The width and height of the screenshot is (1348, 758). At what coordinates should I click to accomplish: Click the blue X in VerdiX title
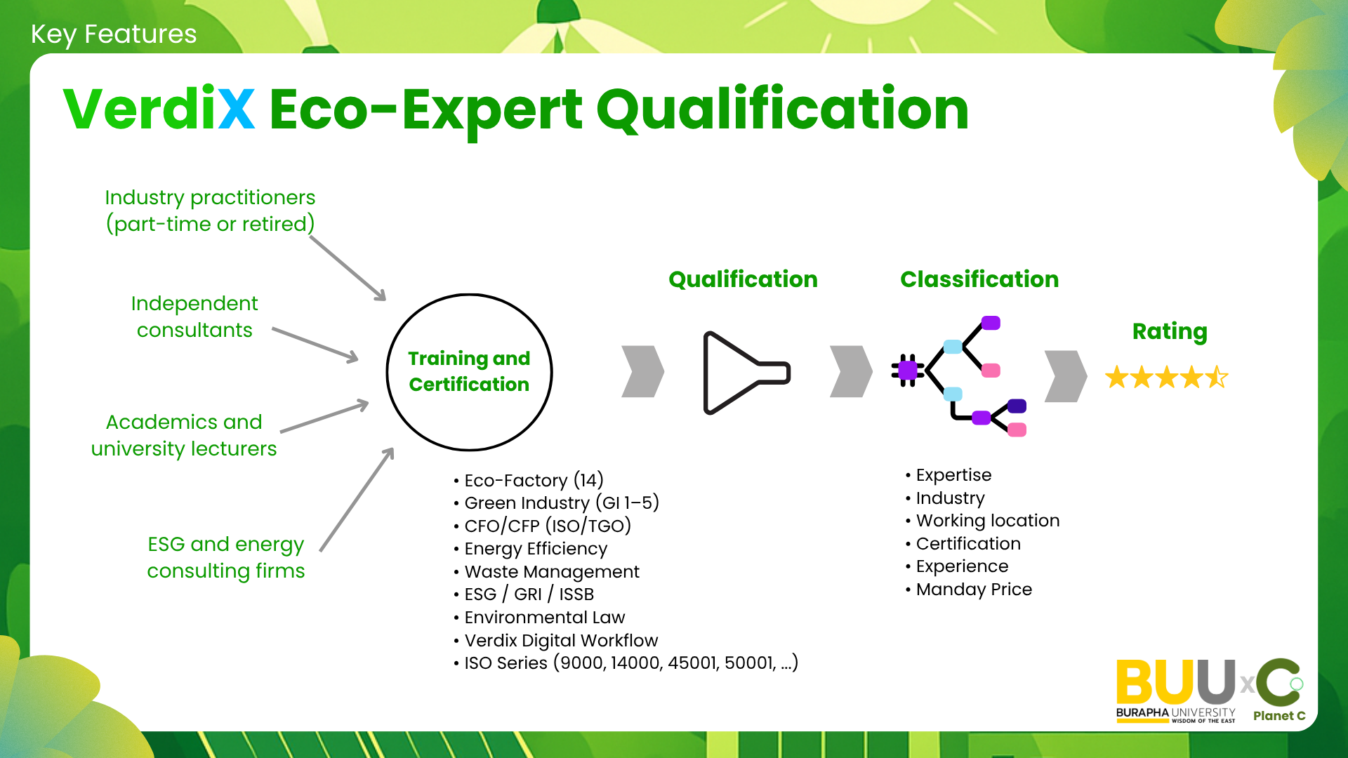pyautogui.click(x=237, y=109)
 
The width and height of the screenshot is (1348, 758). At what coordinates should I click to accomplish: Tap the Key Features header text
pyautogui.click(x=114, y=34)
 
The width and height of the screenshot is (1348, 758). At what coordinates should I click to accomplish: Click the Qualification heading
pyautogui.click(x=743, y=279)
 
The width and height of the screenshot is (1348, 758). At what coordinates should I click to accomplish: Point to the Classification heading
pyautogui.click(x=979, y=279)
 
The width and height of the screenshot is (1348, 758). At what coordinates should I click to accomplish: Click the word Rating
pyautogui.click(x=1170, y=331)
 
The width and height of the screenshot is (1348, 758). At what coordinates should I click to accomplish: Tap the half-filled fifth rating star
pyautogui.click(x=1217, y=378)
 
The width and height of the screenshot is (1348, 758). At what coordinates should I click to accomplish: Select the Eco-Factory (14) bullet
pyautogui.click(x=529, y=480)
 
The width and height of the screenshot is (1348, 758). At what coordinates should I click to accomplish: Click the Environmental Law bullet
pyautogui.click(x=539, y=617)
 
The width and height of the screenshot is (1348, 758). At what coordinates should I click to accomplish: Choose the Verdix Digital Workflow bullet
pyautogui.click(x=555, y=640)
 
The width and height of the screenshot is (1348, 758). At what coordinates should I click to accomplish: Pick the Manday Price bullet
pyautogui.click(x=969, y=590)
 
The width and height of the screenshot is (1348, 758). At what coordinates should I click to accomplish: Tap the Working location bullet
pyautogui.click(x=983, y=521)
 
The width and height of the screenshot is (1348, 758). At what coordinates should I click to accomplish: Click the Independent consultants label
pyautogui.click(x=194, y=317)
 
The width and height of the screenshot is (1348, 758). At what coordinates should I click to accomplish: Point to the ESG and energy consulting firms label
pyautogui.click(x=226, y=557)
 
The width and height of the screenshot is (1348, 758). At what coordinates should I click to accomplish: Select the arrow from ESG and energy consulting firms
pyautogui.click(x=357, y=500)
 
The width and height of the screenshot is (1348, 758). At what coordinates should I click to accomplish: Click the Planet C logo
pyautogui.click(x=1279, y=691)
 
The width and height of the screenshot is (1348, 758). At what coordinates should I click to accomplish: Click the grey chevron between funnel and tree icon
pyautogui.click(x=851, y=371)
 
